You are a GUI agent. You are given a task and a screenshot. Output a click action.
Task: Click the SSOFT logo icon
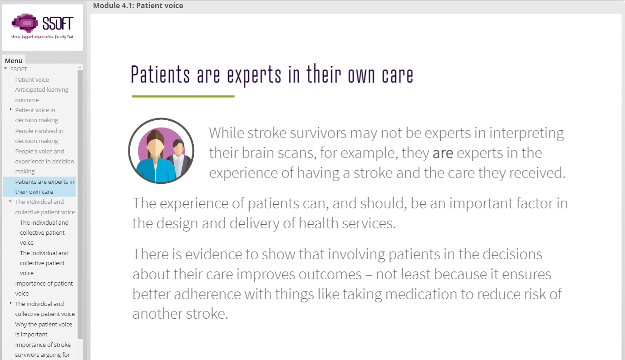tap(25, 23)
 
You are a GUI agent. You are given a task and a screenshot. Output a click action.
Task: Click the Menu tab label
tap(14, 60)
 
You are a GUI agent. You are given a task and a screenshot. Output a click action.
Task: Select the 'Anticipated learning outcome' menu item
tap(42, 94)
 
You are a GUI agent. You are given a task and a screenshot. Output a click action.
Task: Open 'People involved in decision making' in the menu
tap(39, 136)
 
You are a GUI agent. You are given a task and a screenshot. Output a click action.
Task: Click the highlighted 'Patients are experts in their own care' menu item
tap(44, 187)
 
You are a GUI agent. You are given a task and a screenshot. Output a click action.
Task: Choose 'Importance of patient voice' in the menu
tap(44, 288)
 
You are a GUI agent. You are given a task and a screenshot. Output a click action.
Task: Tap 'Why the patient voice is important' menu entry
tap(44, 329)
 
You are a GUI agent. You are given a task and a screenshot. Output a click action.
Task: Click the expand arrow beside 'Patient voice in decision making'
tap(10, 109)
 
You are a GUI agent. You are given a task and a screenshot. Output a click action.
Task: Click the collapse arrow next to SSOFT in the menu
tap(5, 68)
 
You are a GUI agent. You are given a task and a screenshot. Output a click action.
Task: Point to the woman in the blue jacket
tap(156, 156)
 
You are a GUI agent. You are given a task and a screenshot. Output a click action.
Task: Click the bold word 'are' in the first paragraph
tap(443, 153)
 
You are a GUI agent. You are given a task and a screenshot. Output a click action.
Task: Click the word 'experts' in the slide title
tap(254, 75)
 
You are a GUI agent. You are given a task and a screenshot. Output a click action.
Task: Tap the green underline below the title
tap(183, 96)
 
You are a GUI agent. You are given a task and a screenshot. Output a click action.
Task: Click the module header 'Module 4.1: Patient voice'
tap(138, 5)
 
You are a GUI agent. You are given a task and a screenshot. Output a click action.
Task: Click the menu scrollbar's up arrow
tap(80, 67)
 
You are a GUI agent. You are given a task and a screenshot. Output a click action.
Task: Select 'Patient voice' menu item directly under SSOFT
tap(32, 79)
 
